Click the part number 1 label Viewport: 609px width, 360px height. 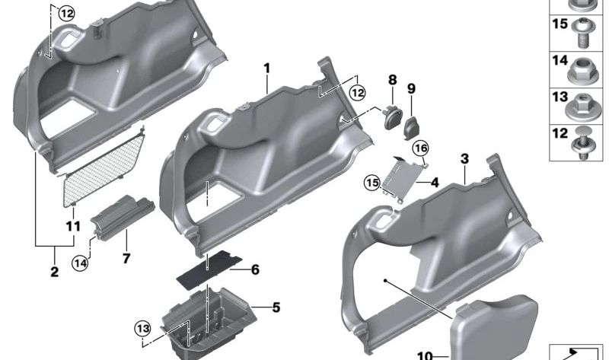click(x=267, y=68)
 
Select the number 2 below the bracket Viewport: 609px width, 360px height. click(x=54, y=272)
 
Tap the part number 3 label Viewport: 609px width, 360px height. click(x=465, y=159)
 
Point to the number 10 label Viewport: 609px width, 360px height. click(x=424, y=355)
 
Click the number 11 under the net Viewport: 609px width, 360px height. click(x=73, y=226)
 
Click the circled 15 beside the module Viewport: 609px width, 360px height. click(x=371, y=182)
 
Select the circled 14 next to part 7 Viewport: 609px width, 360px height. click(x=81, y=263)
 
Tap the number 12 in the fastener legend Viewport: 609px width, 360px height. click(x=559, y=133)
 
